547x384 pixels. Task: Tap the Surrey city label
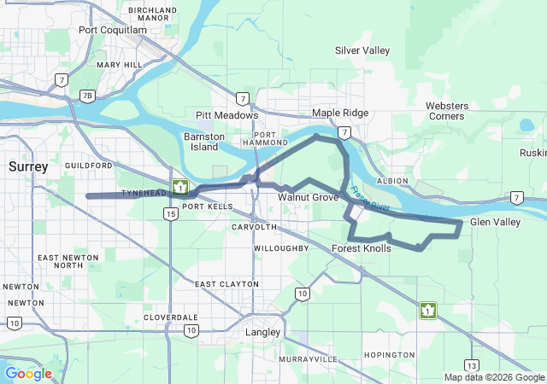click(28, 166)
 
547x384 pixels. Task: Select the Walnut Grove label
click(308, 197)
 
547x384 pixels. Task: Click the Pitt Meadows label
click(226, 115)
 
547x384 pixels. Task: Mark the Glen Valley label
click(495, 222)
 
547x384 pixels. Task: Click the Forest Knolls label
click(361, 248)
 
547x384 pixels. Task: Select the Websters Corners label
click(447, 111)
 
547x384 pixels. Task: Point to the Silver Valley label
click(362, 50)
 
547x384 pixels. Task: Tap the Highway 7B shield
click(87, 96)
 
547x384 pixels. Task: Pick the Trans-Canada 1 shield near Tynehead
click(180, 187)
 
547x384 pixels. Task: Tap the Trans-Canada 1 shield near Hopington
click(426, 311)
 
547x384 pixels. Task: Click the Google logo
click(28, 373)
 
